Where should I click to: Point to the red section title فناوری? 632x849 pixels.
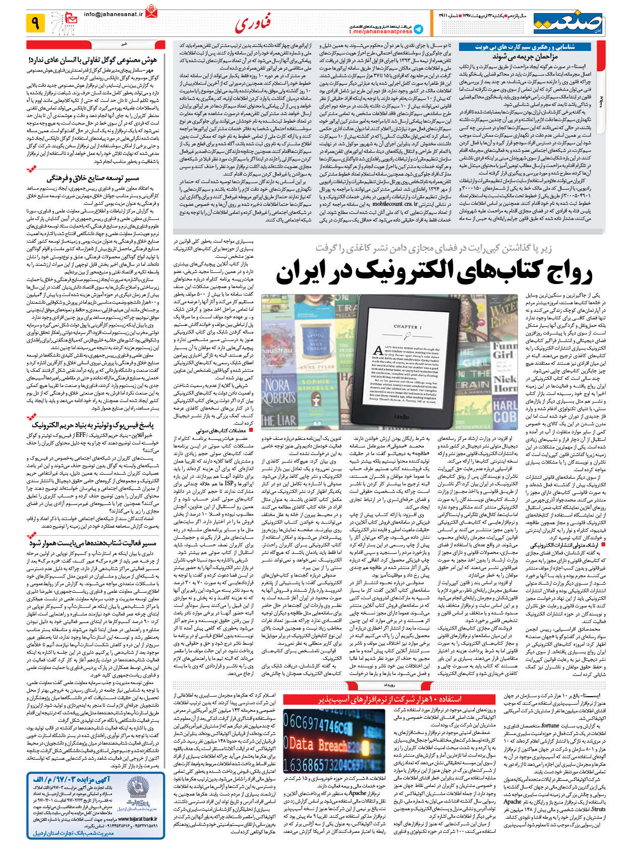(x=252, y=23)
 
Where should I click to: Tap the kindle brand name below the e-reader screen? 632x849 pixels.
(x=401, y=417)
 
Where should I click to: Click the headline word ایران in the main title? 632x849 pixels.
(x=301, y=273)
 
